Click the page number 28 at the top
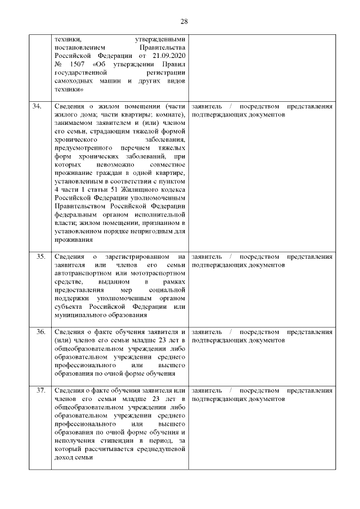[184, 21]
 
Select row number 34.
[39, 106]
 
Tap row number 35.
[40, 256]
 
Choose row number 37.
[40, 390]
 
